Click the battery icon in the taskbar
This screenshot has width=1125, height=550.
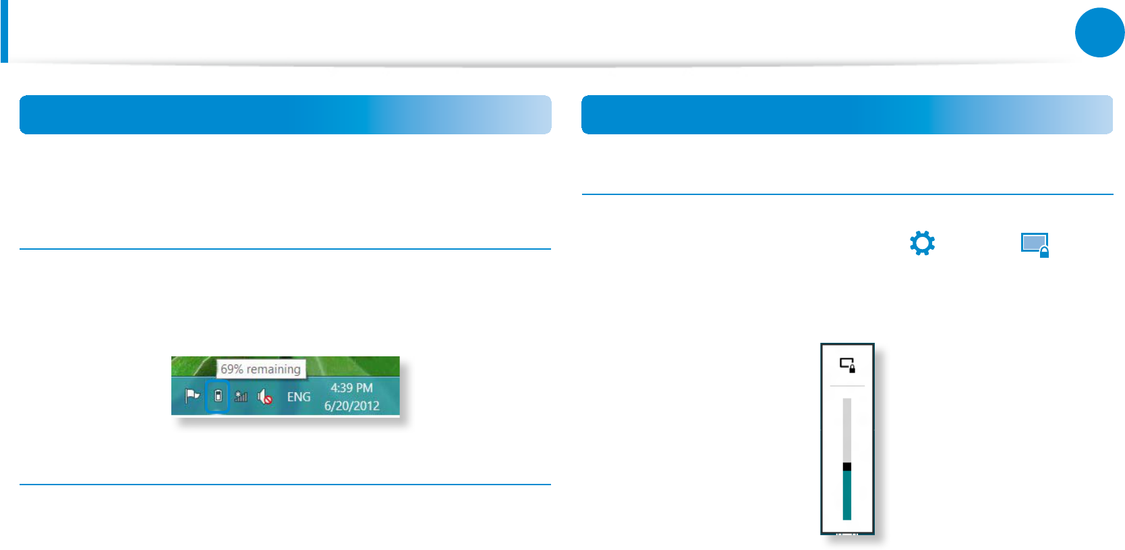[x=218, y=396]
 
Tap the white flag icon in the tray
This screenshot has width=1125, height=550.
[x=192, y=395]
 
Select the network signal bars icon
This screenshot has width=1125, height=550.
[x=241, y=397]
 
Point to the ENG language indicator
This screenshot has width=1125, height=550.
[x=299, y=397]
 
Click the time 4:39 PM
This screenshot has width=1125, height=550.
[x=351, y=388]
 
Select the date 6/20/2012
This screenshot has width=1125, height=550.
[x=351, y=406]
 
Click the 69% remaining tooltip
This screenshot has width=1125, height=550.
[x=260, y=369]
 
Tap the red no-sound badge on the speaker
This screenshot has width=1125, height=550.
[x=268, y=400]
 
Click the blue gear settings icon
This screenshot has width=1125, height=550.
[x=922, y=243]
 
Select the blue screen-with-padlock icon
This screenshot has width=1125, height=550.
[x=1035, y=244]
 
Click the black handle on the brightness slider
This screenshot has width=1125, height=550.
[x=847, y=466]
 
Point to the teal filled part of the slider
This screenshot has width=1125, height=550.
[x=847, y=495]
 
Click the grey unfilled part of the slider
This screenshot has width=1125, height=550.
[x=847, y=429]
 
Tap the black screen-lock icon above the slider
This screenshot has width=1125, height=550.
[x=847, y=364]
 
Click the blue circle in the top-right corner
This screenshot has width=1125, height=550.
[x=1099, y=32]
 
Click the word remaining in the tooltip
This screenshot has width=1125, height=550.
[x=273, y=369]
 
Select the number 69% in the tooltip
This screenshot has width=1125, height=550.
[x=231, y=369]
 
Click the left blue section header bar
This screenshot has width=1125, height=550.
[x=285, y=115]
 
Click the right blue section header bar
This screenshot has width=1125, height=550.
[x=846, y=115]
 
